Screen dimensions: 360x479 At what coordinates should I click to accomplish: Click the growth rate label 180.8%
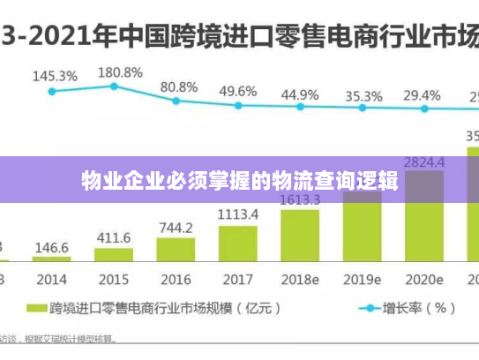(x=119, y=72)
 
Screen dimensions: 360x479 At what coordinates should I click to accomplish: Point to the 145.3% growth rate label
(x=55, y=76)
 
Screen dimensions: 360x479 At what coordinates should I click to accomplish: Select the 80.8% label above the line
(x=178, y=87)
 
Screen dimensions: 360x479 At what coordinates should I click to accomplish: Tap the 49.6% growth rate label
(x=238, y=91)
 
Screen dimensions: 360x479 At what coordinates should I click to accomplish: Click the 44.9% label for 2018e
(x=300, y=94)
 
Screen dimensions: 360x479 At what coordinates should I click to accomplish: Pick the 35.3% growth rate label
(x=363, y=95)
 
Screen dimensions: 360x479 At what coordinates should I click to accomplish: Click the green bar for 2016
(x=176, y=249)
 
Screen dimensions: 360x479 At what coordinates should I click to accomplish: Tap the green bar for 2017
(x=238, y=244)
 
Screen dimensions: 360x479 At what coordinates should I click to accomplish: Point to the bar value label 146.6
(x=52, y=248)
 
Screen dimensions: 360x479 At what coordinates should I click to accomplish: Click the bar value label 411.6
(x=114, y=238)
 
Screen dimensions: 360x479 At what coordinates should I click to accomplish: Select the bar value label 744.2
(x=176, y=228)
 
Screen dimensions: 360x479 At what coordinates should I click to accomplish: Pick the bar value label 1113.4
(x=238, y=214)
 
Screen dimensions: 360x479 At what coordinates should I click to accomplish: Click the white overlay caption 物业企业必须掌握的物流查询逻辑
(x=239, y=182)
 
